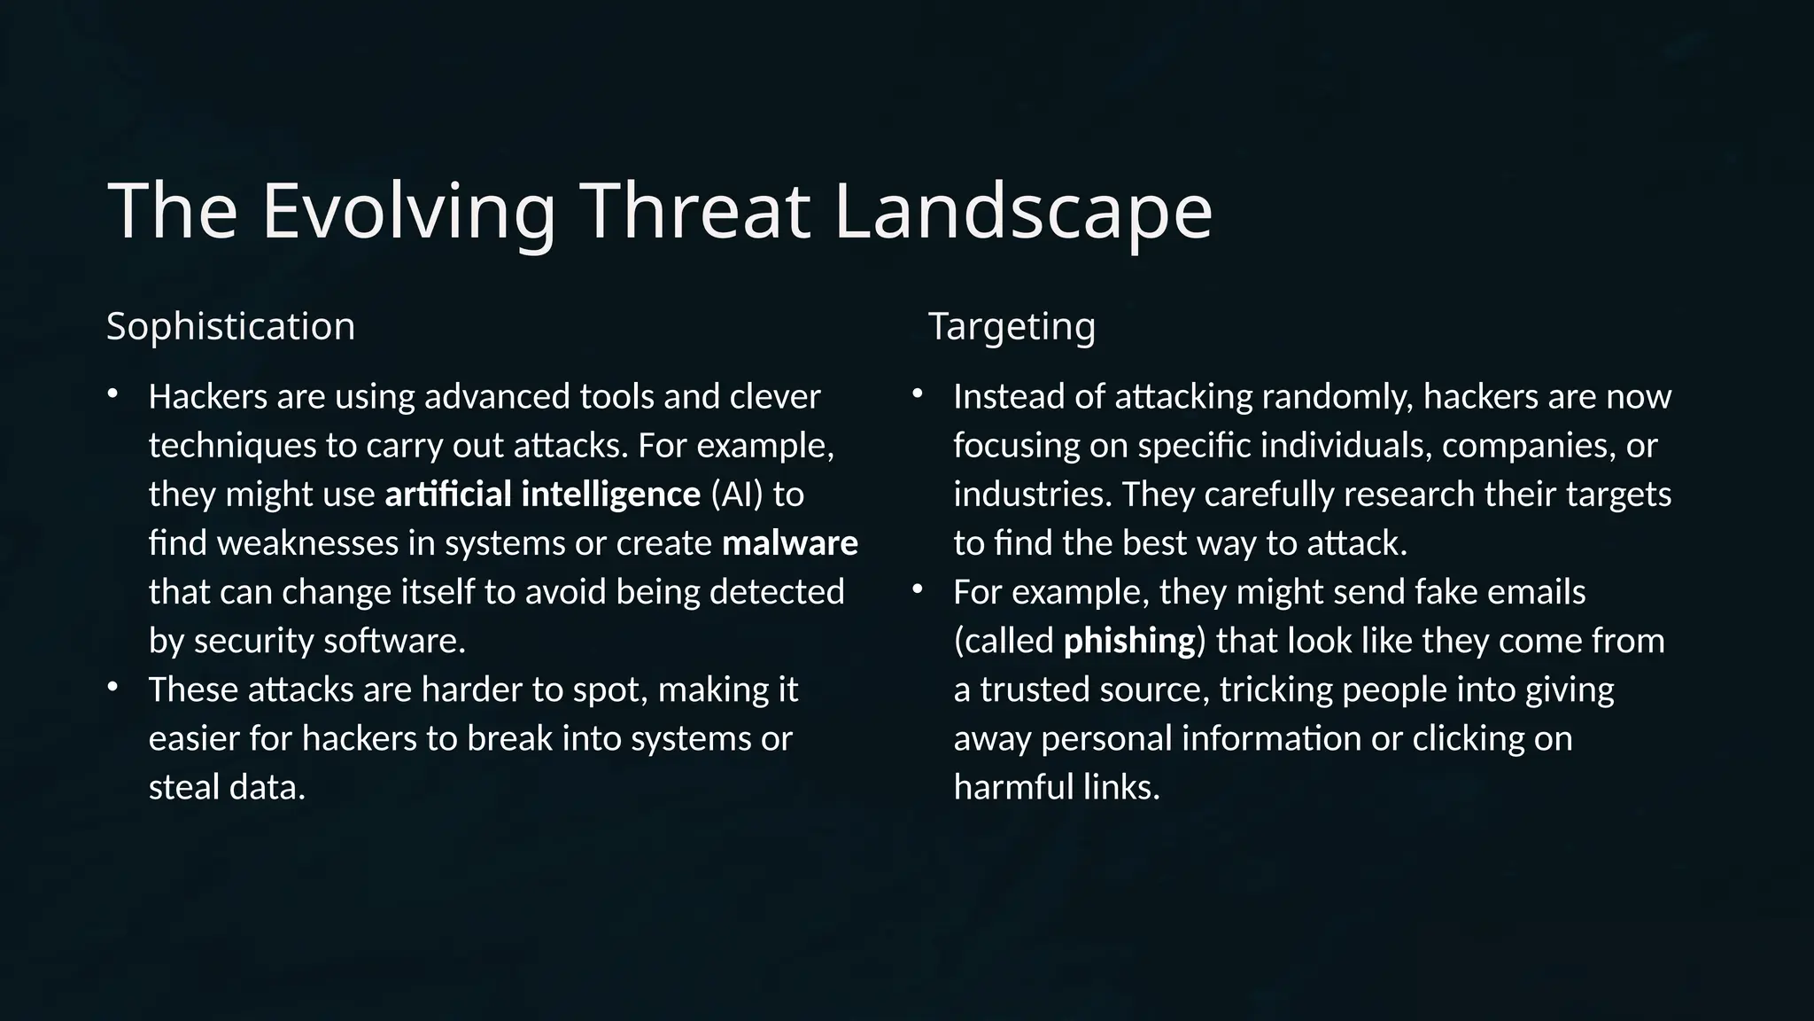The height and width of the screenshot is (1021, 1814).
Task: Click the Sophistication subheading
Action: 230,326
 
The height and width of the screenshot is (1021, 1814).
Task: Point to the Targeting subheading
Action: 1012,326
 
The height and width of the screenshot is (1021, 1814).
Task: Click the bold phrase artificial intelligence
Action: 542,495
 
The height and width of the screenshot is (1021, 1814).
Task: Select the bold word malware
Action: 790,543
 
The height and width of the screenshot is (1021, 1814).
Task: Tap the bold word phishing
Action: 1129,641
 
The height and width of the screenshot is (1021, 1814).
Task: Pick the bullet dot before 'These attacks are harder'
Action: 112,688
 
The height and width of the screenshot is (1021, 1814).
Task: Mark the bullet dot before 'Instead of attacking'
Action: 918,394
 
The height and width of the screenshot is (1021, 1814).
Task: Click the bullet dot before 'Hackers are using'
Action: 112,394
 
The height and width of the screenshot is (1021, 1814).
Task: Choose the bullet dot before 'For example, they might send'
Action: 918,589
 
